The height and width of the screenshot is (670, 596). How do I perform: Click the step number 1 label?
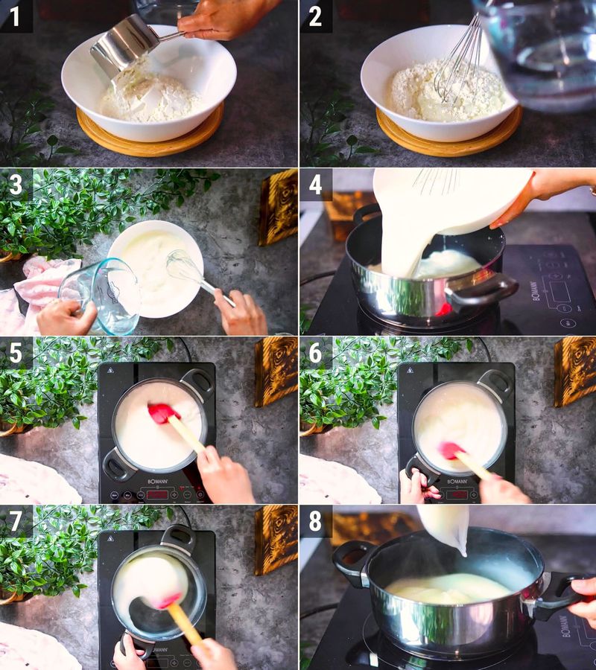(x=16, y=16)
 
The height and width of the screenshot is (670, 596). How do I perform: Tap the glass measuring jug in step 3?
(x=101, y=294)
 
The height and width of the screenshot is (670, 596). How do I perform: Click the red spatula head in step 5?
(x=162, y=413)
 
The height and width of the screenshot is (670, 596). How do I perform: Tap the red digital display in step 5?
(x=157, y=493)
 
